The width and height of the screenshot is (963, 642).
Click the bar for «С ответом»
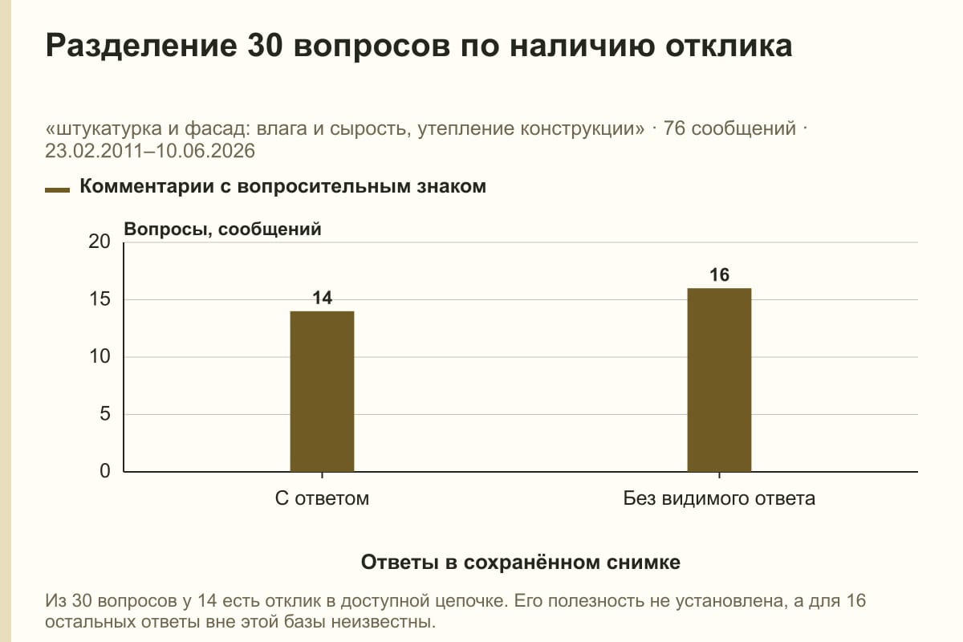(322, 392)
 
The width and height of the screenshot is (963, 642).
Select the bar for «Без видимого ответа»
(719, 380)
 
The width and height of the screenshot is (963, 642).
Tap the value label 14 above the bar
(322, 298)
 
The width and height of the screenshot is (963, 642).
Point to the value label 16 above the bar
(719, 274)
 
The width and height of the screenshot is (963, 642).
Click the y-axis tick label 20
(100, 242)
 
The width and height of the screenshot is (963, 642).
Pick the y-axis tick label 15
(100, 299)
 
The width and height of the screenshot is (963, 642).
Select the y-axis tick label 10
(100, 356)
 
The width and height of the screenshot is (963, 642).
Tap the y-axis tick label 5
(105, 414)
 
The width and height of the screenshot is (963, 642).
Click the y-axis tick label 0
(105, 471)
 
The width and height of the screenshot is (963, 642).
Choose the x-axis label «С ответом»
(322, 498)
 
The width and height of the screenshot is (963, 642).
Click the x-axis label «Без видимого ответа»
(719, 498)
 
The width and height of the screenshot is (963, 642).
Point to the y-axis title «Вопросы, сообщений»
(223, 229)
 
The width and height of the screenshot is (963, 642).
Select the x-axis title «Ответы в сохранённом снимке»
(521, 562)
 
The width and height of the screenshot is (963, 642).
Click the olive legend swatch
(57, 190)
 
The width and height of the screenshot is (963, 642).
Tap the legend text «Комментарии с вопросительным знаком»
(282, 186)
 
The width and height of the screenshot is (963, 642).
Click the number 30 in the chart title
(265, 45)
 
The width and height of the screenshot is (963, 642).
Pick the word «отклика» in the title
(729, 46)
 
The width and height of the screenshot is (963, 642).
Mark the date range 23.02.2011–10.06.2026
(150, 151)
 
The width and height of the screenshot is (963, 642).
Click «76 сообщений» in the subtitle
(729, 128)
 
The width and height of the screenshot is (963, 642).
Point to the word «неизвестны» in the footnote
(384, 622)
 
